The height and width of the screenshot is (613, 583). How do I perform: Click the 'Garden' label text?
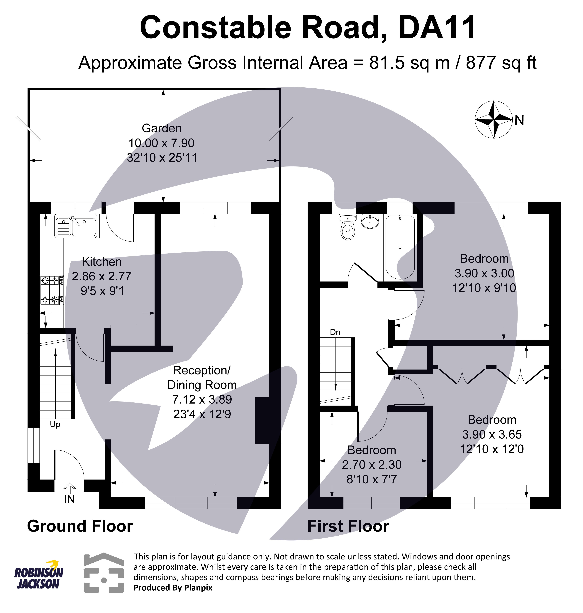pyautogui.click(x=162, y=128)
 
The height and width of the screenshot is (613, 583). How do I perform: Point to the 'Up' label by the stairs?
pyautogui.click(x=55, y=424)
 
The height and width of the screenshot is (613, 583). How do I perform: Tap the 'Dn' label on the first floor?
pyautogui.click(x=335, y=332)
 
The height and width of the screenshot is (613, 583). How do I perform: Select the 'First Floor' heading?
pyautogui.click(x=348, y=526)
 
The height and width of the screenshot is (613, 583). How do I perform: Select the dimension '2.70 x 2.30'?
pyautogui.click(x=372, y=465)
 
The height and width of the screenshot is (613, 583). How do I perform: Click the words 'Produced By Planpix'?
pyautogui.click(x=173, y=588)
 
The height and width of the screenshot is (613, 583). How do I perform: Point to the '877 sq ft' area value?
pyautogui.click(x=501, y=63)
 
